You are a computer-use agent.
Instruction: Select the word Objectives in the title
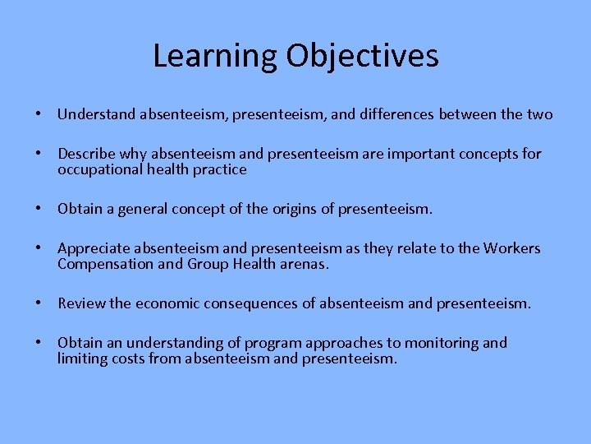[x=362, y=56]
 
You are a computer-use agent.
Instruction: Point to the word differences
[x=399, y=114]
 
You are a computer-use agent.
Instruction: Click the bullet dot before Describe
[x=39, y=154]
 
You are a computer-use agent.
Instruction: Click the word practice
[x=219, y=169]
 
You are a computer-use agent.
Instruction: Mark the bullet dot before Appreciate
[x=39, y=248]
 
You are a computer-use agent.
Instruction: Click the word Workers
[x=512, y=248]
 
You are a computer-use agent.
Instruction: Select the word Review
[x=81, y=303]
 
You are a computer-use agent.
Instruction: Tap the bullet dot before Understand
[x=39, y=114]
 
